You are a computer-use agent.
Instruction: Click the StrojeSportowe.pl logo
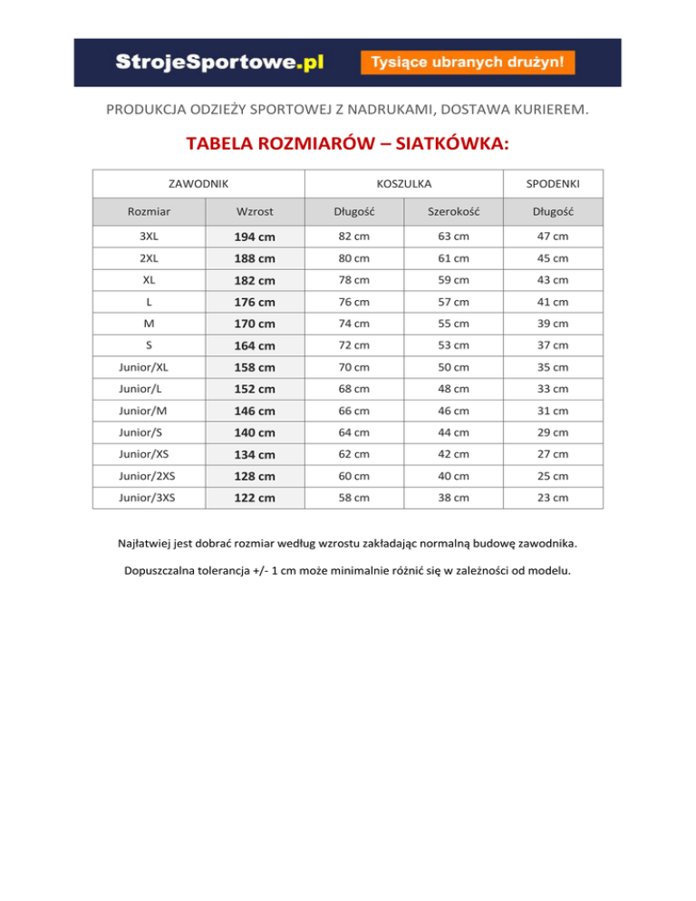(219, 63)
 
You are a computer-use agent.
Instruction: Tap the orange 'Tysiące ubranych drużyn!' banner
(468, 63)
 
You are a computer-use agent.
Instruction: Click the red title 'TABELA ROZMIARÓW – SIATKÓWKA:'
(347, 144)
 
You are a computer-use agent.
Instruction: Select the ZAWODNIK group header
(198, 184)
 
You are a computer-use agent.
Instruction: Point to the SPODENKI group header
(553, 184)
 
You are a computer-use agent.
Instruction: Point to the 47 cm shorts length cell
(553, 237)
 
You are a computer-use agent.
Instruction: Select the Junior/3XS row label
(148, 498)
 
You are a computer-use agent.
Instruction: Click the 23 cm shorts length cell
(553, 498)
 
